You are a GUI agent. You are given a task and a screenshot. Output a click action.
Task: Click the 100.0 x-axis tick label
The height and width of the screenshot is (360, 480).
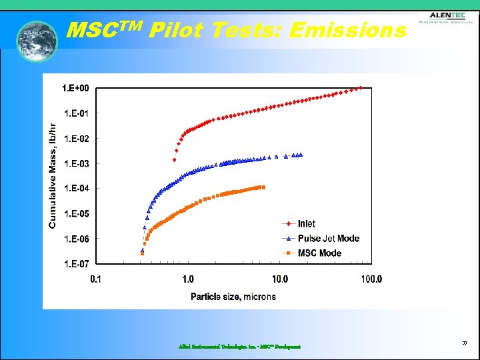click(371, 279)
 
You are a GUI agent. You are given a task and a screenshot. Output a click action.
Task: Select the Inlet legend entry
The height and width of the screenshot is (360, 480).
click(306, 224)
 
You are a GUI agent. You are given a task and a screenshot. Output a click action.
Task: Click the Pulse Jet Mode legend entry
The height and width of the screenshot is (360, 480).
click(328, 239)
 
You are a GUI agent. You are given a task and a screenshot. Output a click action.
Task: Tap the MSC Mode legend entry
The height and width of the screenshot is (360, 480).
click(319, 253)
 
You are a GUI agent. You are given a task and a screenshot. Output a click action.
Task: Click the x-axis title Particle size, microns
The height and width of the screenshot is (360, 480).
click(233, 297)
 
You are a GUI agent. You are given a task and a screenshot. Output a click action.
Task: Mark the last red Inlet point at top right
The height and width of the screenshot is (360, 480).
click(361, 88)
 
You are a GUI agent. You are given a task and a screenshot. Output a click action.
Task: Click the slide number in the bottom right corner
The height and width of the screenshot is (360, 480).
click(463, 342)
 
